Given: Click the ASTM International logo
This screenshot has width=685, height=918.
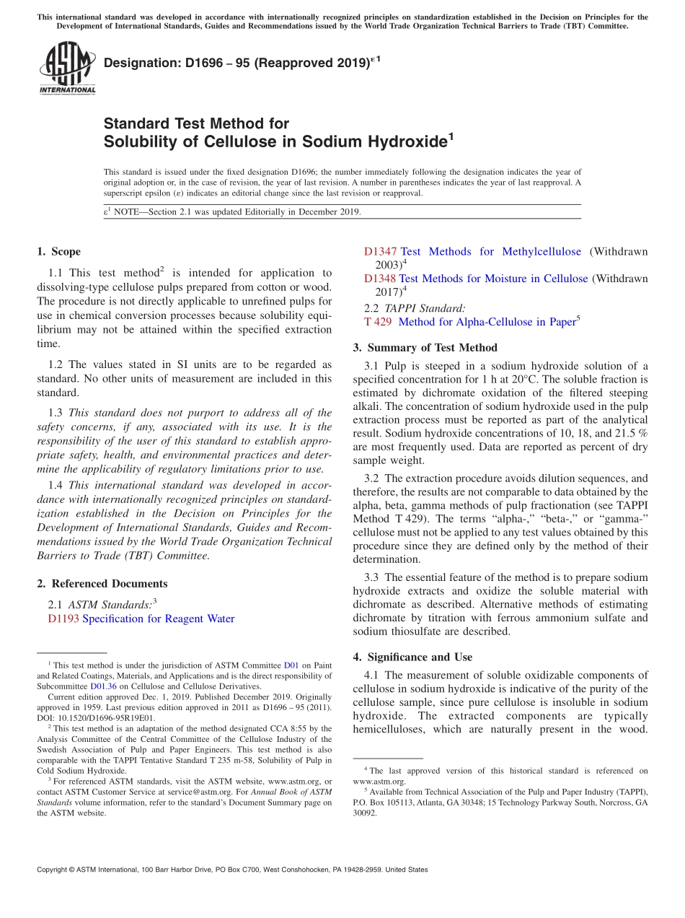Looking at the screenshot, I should coord(67,67).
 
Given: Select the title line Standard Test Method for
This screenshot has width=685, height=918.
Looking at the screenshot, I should coord(196,123).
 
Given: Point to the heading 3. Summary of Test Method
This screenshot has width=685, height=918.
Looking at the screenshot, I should coord(425,347).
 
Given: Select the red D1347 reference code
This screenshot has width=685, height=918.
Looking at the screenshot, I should coord(380,252).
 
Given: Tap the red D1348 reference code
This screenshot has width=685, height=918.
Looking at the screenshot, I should coord(380,279).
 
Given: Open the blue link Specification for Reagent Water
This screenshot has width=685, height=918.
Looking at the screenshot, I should coord(159,618).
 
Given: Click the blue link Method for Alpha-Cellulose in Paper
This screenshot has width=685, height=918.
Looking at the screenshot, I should coord(486,322).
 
